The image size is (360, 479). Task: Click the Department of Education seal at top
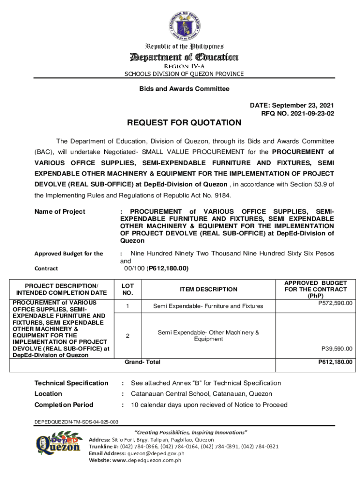coord(183,23)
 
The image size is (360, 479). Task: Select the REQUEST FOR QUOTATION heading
coord(184,123)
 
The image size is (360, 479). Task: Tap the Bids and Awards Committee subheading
coord(184,88)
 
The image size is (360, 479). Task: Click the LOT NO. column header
coord(128,289)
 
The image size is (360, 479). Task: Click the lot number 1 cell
coord(127,306)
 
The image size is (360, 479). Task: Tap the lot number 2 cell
coord(127,336)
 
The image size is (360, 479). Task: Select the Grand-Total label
coord(142,362)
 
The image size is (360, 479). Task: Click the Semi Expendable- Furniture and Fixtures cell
coord(208,306)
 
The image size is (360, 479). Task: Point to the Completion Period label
coord(64,405)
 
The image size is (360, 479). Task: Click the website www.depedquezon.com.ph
coord(146,460)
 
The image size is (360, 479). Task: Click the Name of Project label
coord(60,211)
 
